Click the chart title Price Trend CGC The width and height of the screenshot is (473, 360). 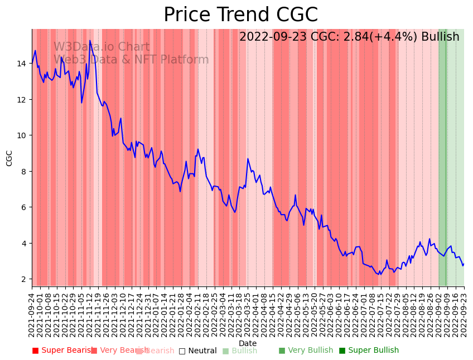tap(240, 15)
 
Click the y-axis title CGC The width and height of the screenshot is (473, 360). tap(9, 158)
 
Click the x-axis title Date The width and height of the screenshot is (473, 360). tap(248, 343)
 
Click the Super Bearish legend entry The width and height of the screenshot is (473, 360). tap(62, 351)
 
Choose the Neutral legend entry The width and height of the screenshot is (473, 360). tap(197, 351)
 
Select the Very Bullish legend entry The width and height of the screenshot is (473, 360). tap(306, 351)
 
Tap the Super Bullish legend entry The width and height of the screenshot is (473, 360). tap(369, 351)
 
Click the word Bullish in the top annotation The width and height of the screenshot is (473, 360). tap(440, 37)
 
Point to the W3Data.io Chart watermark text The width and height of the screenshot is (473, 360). tap(102, 47)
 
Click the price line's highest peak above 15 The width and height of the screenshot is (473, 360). tap(90, 41)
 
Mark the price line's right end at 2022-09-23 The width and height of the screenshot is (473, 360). tap(464, 264)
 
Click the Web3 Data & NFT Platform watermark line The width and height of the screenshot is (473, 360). tap(131, 60)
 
